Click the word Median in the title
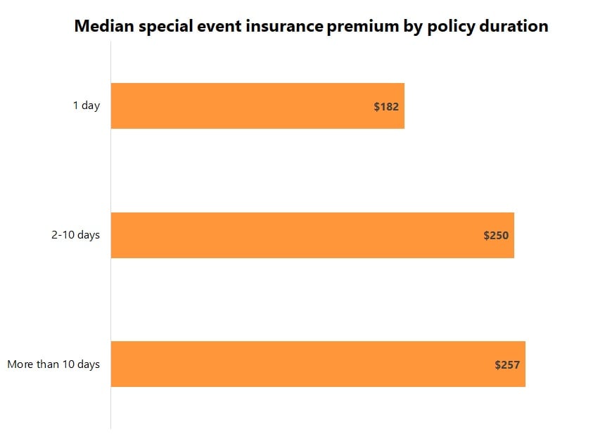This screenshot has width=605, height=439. coord(101,27)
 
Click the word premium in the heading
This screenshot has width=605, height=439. coord(359,27)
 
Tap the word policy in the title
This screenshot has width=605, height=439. coord(447,27)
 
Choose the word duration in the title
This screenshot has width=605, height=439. coord(514,27)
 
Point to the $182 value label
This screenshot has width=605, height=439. coord(386,107)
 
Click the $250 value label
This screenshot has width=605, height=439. coord(496,236)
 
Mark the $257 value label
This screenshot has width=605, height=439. coord(507,364)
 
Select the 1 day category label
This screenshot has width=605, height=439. coord(87,106)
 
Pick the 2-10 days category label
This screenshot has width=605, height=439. coord(75,235)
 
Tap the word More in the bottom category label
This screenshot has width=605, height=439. coord(20,364)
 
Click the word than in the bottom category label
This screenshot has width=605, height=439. coord(49,364)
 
